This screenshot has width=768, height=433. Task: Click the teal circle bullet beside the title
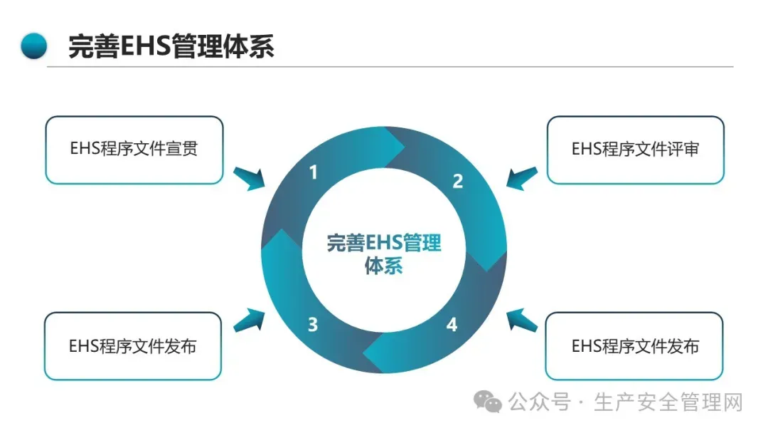pyautogui.click(x=34, y=46)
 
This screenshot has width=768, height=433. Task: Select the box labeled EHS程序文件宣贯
pyautogui.click(x=134, y=150)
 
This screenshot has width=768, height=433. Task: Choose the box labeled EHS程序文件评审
pyautogui.click(x=635, y=150)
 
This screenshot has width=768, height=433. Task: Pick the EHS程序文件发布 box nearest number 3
pyautogui.click(x=133, y=346)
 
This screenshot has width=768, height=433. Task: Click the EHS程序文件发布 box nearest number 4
pyautogui.click(x=634, y=346)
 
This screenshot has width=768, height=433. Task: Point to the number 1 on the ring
pyautogui.click(x=314, y=172)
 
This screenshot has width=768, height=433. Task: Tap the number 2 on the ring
pyautogui.click(x=458, y=182)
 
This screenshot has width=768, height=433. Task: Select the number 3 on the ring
pyautogui.click(x=313, y=325)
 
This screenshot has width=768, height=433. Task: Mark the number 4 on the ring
pyautogui.click(x=452, y=325)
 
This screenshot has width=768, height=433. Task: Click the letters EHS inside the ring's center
pyautogui.click(x=384, y=243)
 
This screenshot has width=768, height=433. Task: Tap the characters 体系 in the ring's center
pyautogui.click(x=384, y=267)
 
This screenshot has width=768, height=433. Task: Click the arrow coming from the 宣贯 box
pyautogui.click(x=249, y=178)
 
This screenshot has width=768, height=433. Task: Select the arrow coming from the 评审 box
pyautogui.click(x=521, y=177)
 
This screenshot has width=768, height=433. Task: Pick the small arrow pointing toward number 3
pyautogui.click(x=248, y=320)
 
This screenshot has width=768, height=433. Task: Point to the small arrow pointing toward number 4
pyautogui.click(x=521, y=320)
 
